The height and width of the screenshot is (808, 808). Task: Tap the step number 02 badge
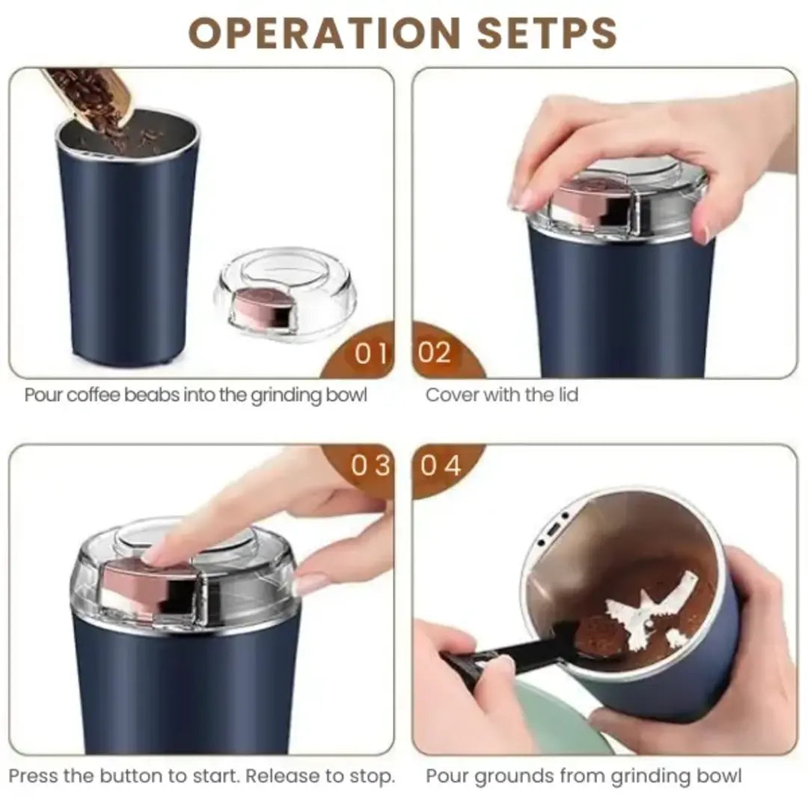pyautogui.click(x=435, y=352)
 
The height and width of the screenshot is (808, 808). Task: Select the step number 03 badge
pyautogui.click(x=371, y=466)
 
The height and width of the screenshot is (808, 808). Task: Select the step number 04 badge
pyautogui.click(x=441, y=466)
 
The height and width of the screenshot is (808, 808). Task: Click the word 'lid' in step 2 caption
pyautogui.click(x=567, y=395)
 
